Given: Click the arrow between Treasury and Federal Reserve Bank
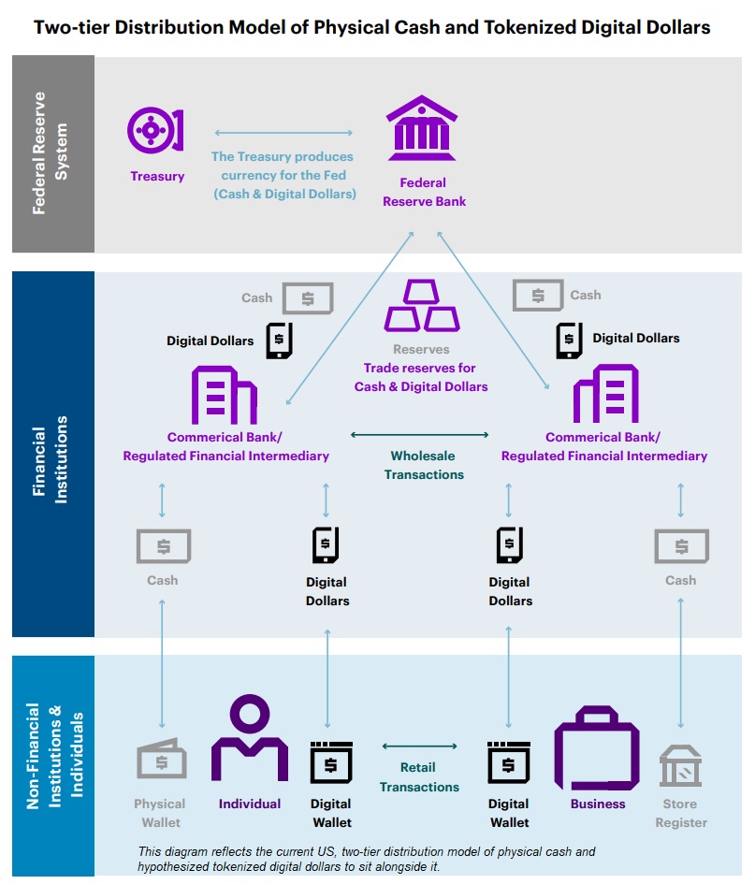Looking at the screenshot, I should pyautogui.click(x=283, y=133).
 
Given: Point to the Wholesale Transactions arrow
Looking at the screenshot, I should pyautogui.click(x=420, y=435).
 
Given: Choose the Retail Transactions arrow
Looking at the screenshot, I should pyautogui.click(x=419, y=746).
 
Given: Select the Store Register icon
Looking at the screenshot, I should pyautogui.click(x=680, y=764).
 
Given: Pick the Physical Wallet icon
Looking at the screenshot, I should pyautogui.click(x=160, y=760).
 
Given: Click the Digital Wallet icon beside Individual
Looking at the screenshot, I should pyautogui.click(x=331, y=761).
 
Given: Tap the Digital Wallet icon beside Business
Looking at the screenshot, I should pyautogui.click(x=509, y=761).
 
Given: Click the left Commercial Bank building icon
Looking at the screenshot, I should pyautogui.click(x=225, y=395).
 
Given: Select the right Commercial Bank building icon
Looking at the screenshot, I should pyautogui.click(x=605, y=394).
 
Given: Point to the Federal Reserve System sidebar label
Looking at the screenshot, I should pyautogui.click(x=52, y=154).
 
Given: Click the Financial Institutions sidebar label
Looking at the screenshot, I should pyautogui.click(x=52, y=453).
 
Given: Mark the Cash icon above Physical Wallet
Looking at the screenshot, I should pyautogui.click(x=164, y=545).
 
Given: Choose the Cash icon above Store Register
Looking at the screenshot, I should pyautogui.click(x=681, y=545).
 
